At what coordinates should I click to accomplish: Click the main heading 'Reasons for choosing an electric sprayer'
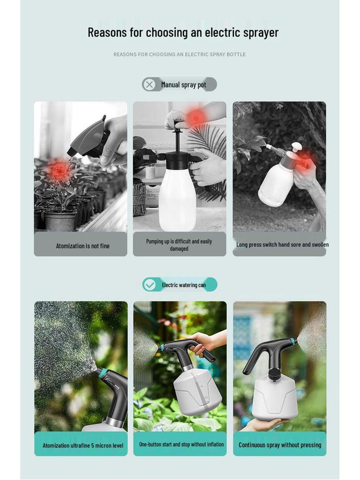click(183, 32)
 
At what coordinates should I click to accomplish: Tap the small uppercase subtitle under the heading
click(179, 54)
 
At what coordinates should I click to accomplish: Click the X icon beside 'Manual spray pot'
click(150, 84)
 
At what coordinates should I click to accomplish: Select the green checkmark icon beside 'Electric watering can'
click(150, 285)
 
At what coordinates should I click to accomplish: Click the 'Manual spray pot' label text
click(184, 85)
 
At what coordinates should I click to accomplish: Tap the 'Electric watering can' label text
click(184, 285)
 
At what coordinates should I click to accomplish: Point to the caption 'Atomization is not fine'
click(82, 246)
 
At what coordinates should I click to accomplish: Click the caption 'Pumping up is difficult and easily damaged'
click(179, 245)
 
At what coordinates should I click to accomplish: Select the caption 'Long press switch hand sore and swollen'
click(282, 245)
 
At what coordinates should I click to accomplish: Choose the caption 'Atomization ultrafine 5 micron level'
click(83, 445)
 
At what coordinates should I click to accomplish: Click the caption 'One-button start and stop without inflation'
click(181, 444)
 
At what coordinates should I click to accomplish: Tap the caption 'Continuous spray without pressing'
click(280, 445)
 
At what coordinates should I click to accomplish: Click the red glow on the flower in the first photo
click(60, 171)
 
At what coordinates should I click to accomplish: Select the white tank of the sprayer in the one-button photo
click(197, 391)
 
